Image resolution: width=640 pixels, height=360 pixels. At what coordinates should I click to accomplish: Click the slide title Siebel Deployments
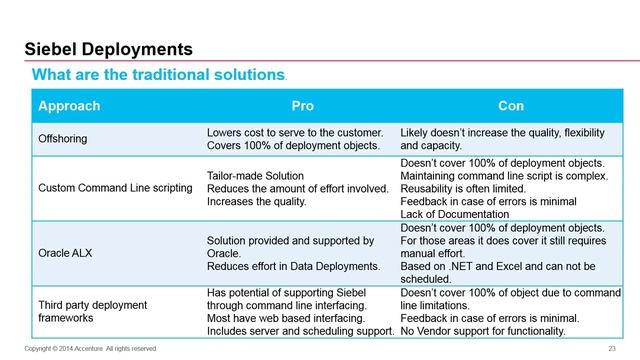(108, 49)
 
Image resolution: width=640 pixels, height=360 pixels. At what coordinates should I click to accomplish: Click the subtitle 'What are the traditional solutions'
(159, 75)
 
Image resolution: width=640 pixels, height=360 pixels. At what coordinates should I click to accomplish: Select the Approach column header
(69, 105)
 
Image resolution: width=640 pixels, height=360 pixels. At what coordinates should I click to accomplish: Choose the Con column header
(511, 105)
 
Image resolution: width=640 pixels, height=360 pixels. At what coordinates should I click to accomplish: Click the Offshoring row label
(65, 139)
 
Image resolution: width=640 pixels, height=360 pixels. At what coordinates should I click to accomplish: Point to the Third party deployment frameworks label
(92, 311)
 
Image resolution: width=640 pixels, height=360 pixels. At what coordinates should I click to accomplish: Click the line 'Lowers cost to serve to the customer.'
(294, 133)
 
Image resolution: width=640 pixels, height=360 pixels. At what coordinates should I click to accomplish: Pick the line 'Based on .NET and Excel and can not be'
(502, 269)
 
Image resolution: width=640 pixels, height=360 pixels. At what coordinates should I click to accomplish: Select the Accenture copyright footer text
(90, 348)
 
